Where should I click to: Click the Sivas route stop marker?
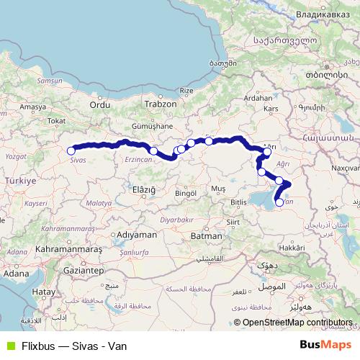[71, 150]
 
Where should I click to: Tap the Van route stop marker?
[279, 203]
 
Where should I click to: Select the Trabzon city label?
[160, 104]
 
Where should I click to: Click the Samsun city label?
[50, 81]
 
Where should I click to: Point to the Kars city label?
[271, 108]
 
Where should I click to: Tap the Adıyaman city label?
[137, 235]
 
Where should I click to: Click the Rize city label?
[187, 91]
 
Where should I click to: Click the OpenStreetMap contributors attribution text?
[297, 323]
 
